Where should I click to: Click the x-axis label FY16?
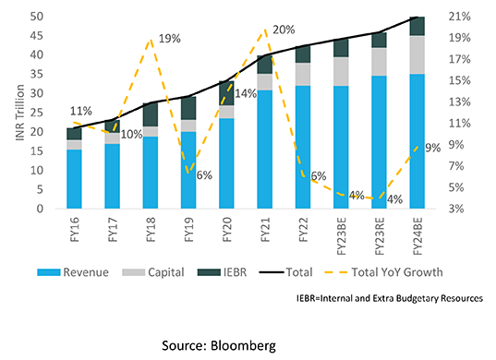click(73, 230)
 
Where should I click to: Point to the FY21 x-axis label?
click(265, 230)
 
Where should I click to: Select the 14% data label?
click(247, 94)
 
